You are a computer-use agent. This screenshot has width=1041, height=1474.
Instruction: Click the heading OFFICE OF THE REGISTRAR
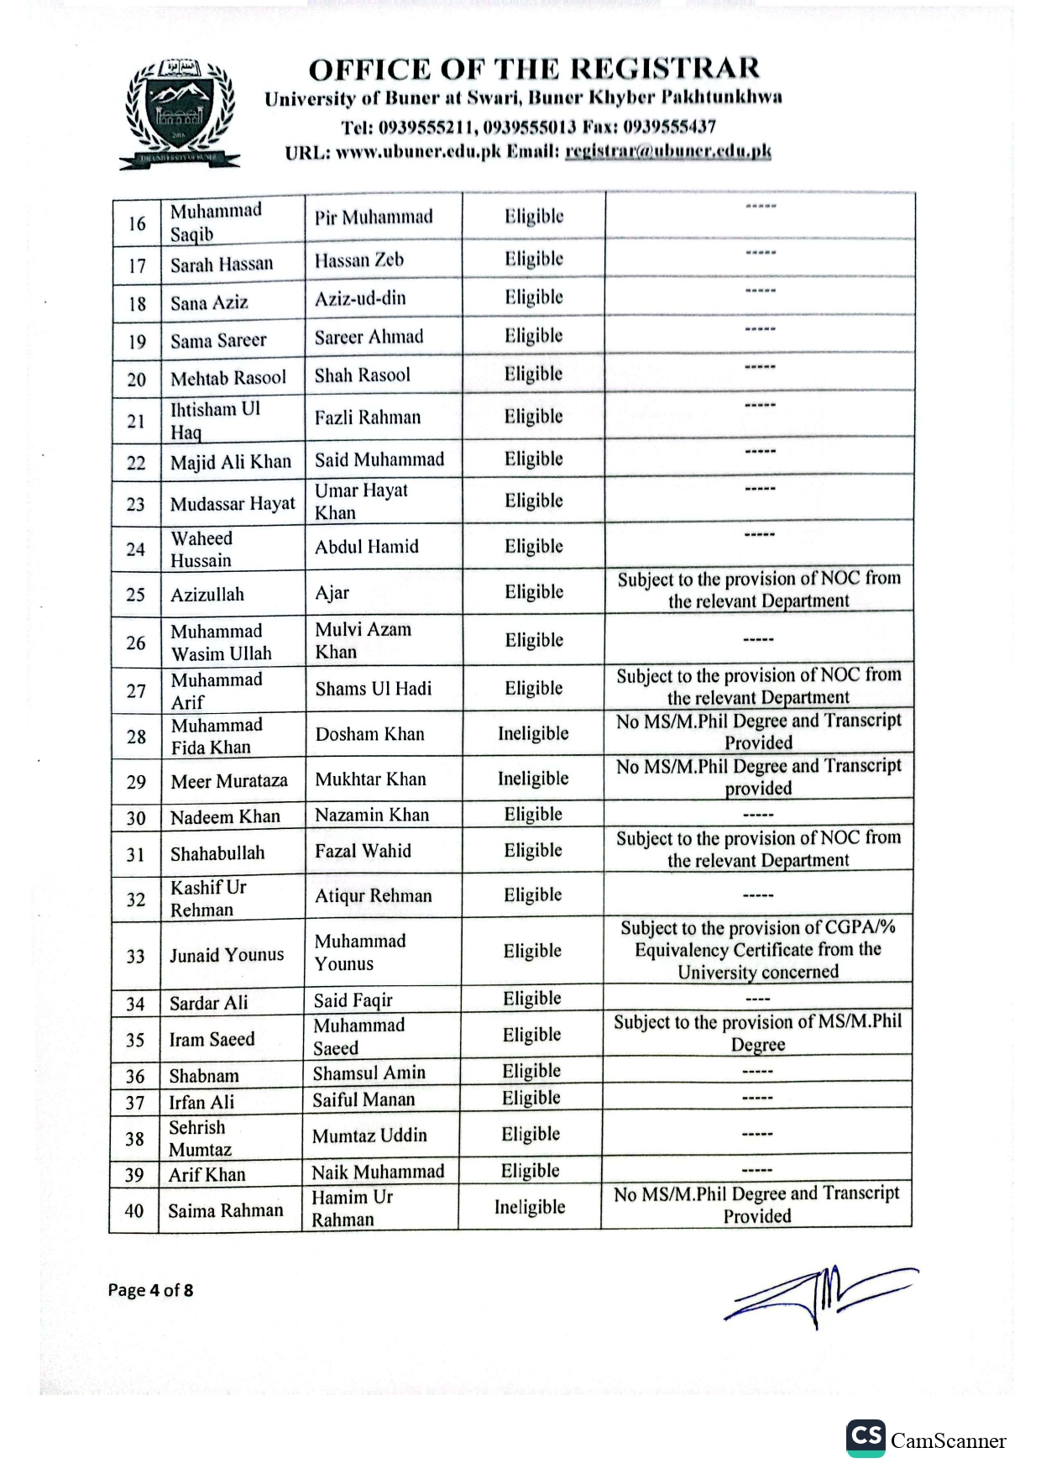(533, 68)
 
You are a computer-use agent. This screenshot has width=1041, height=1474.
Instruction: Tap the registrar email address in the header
(667, 152)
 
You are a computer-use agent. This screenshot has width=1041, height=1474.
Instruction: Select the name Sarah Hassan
(222, 265)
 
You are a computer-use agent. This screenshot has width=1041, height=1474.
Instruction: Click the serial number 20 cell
(137, 379)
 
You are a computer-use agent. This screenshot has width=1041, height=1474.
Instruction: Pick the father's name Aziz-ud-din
(360, 298)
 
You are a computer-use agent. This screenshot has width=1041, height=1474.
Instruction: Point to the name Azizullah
(207, 595)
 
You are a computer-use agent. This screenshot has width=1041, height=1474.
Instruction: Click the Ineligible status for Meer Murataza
(532, 779)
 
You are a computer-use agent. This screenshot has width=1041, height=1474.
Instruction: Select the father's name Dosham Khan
(369, 734)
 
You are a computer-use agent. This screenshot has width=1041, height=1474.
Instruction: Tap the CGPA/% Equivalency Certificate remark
(757, 950)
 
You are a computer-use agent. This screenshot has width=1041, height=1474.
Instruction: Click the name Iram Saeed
(212, 1039)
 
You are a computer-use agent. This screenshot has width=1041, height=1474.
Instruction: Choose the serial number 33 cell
(135, 956)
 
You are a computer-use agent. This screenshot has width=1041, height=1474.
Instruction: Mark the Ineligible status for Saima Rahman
(530, 1207)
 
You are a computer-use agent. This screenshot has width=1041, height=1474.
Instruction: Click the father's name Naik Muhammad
(378, 1172)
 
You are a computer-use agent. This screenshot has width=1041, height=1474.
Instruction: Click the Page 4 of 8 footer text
(150, 1290)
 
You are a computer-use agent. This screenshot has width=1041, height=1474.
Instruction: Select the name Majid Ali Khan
(231, 462)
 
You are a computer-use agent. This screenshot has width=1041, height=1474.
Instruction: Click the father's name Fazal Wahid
(363, 851)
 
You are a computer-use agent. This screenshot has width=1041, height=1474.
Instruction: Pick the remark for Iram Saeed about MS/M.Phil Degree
(757, 1033)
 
